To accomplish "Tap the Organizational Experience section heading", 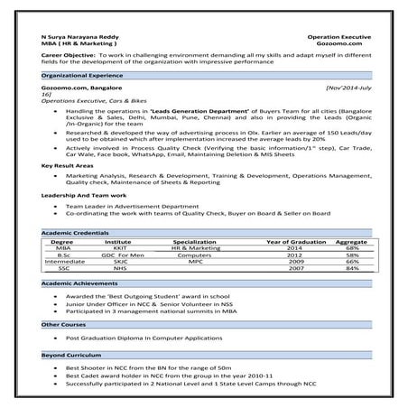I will click(79, 77).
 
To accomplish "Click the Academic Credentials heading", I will click(75, 233).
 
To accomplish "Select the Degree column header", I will click(62, 242).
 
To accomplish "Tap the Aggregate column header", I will click(351, 242).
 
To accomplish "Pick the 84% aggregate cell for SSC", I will click(352, 268).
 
